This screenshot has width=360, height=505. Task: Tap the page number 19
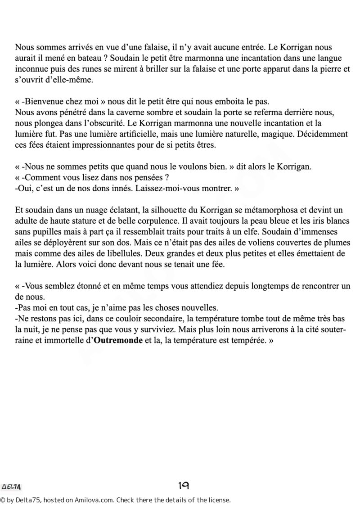coord(183,485)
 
